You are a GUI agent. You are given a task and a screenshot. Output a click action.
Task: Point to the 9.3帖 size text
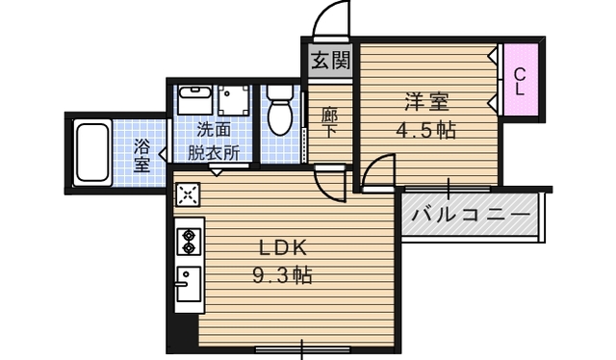[x=281, y=275]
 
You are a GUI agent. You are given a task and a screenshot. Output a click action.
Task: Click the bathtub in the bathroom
[x=93, y=153]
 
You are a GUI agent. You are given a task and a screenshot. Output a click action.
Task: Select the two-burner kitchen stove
[x=188, y=240]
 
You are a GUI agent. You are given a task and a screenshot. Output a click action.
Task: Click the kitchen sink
[x=187, y=285]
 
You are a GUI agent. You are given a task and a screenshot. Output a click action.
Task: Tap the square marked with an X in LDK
[x=187, y=195]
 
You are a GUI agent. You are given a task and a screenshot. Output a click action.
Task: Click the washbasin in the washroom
[x=196, y=100]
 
